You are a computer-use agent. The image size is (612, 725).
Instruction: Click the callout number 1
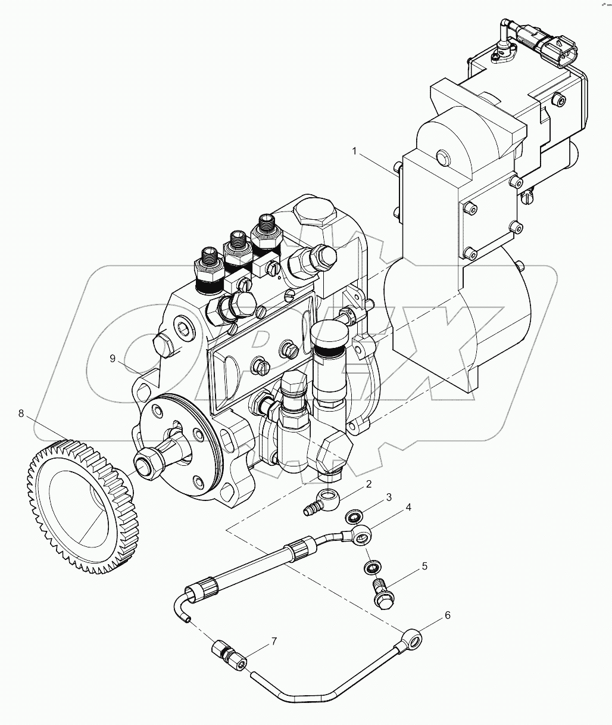click(x=355, y=151)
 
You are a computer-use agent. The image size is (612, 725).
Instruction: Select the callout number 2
click(x=369, y=484)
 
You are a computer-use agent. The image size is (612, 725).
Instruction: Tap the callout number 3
click(x=389, y=497)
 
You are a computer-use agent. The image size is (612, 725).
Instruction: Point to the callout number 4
click(x=408, y=508)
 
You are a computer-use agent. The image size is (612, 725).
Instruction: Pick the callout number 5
click(x=424, y=566)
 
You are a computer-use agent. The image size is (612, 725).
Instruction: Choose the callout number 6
click(x=447, y=616)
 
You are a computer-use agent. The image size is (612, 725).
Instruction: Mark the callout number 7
click(x=274, y=642)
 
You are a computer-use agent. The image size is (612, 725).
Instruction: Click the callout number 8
click(x=21, y=413)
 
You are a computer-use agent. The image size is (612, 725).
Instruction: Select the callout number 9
click(x=112, y=358)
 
